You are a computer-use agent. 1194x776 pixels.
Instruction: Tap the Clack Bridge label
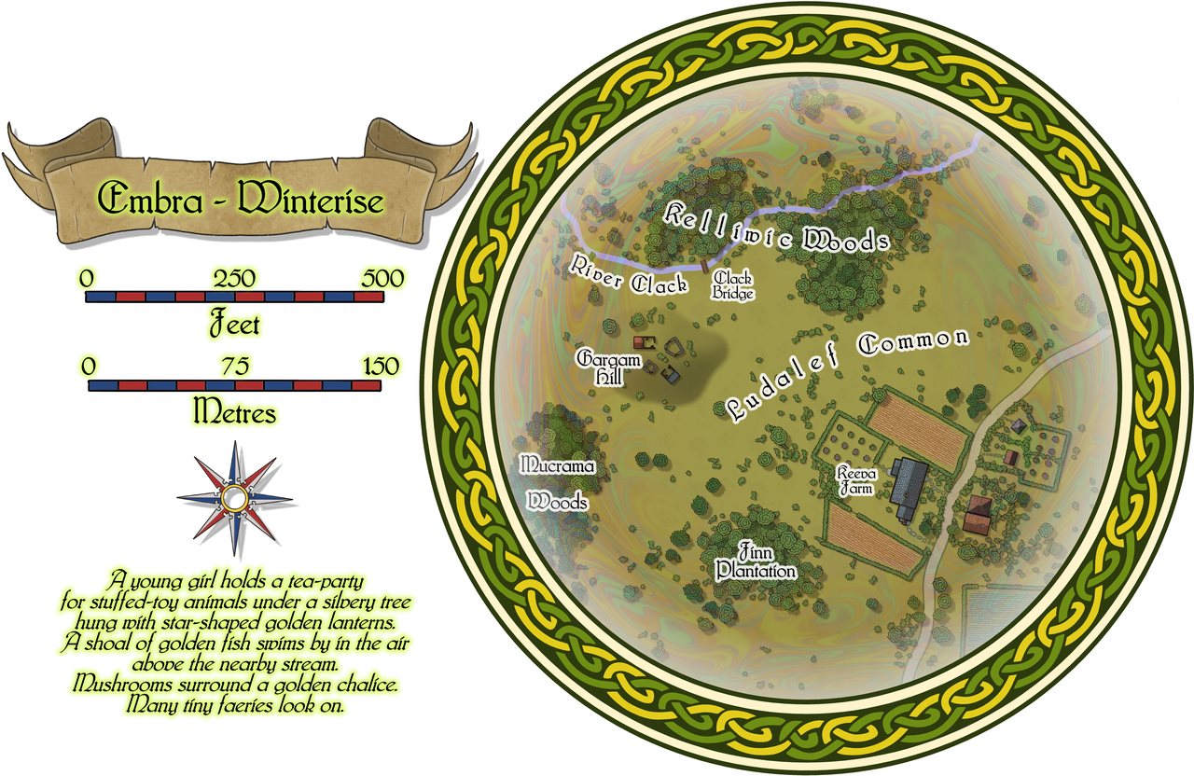click(x=732, y=285)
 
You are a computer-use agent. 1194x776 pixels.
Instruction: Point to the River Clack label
click(x=630, y=275)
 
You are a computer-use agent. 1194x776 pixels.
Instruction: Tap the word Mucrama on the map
click(x=557, y=464)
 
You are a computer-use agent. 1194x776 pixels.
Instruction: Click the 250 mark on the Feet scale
click(x=234, y=279)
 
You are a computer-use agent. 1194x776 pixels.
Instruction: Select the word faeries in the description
click(x=246, y=706)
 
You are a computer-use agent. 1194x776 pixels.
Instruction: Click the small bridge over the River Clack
click(x=703, y=268)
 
